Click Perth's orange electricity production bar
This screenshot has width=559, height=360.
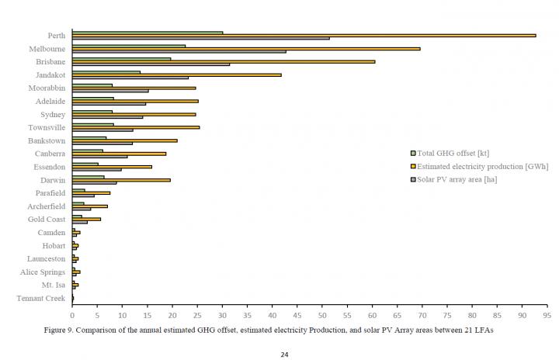click(303, 35)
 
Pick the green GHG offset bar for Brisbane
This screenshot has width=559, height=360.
click(121, 58)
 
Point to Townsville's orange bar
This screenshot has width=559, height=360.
click(135, 127)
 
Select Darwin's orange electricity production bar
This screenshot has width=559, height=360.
click(121, 180)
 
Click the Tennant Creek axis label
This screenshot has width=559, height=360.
click(40, 298)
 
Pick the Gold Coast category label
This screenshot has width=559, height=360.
click(47, 219)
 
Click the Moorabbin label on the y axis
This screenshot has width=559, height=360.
click(47, 88)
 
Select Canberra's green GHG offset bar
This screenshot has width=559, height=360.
click(88, 151)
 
